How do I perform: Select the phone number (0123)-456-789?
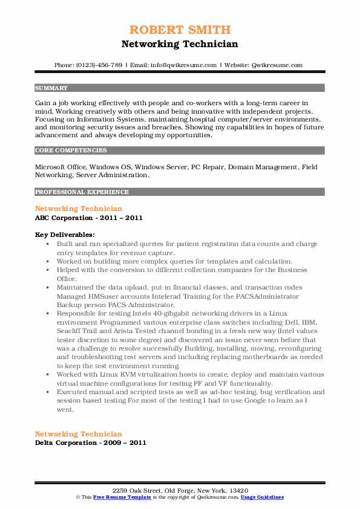[101, 65]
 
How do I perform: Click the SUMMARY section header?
[51, 88]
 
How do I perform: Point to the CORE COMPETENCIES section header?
[71, 151]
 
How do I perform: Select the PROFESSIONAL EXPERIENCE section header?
[82, 192]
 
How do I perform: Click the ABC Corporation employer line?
[89, 218]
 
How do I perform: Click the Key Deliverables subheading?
[64, 234]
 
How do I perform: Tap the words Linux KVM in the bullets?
[102, 374]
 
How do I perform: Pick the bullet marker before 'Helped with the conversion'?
[48, 270]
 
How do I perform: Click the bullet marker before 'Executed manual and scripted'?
[48, 392]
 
